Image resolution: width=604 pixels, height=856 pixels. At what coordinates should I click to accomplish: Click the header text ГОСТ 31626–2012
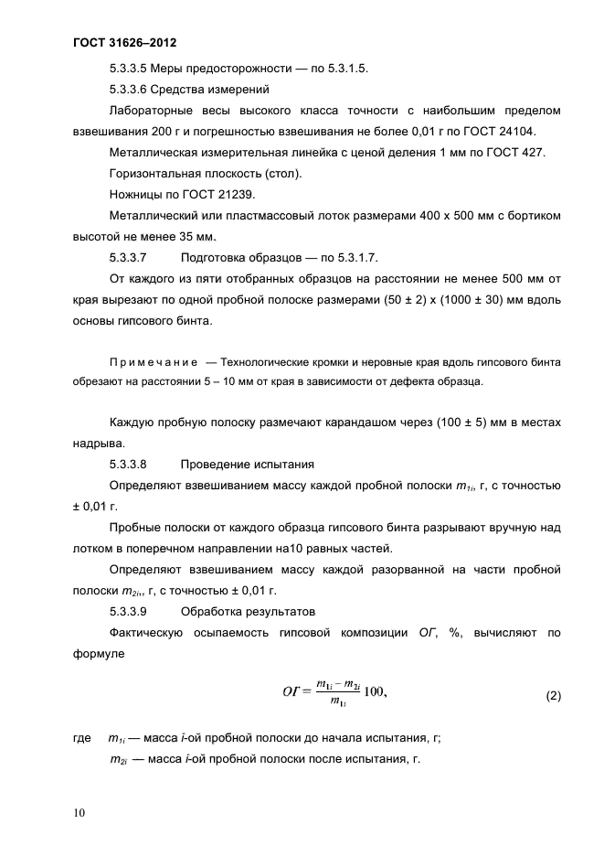point(123,43)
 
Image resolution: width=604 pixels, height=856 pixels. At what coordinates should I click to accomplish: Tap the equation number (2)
point(553,695)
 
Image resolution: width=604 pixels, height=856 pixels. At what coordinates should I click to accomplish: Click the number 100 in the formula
point(375,691)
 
